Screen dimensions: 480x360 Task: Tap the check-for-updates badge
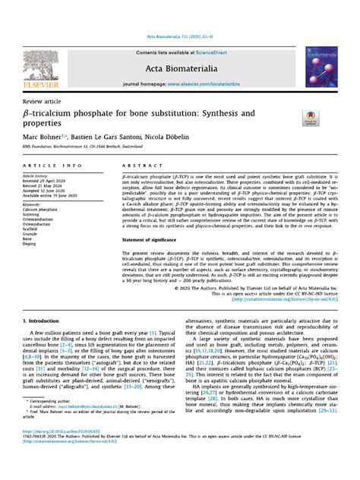coord(311,115)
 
